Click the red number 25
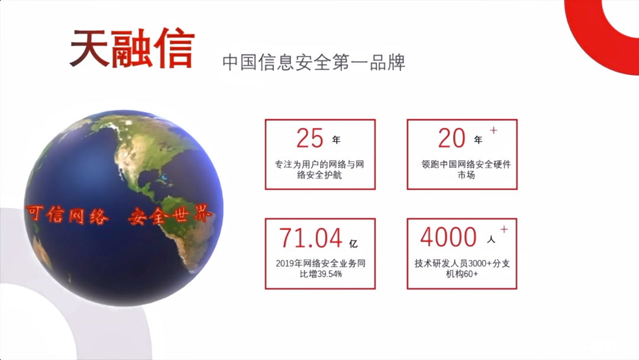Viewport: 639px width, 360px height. (x=310, y=139)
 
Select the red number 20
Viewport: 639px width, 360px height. (x=452, y=139)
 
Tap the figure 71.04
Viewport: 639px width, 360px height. (x=311, y=238)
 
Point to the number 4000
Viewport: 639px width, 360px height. (x=448, y=238)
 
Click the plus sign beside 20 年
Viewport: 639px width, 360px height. (x=494, y=130)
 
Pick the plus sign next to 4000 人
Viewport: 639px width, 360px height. (x=504, y=229)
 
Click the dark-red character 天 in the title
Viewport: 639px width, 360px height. (x=89, y=47)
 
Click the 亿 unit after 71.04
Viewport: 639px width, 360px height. (x=353, y=243)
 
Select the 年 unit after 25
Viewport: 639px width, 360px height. (x=336, y=141)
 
